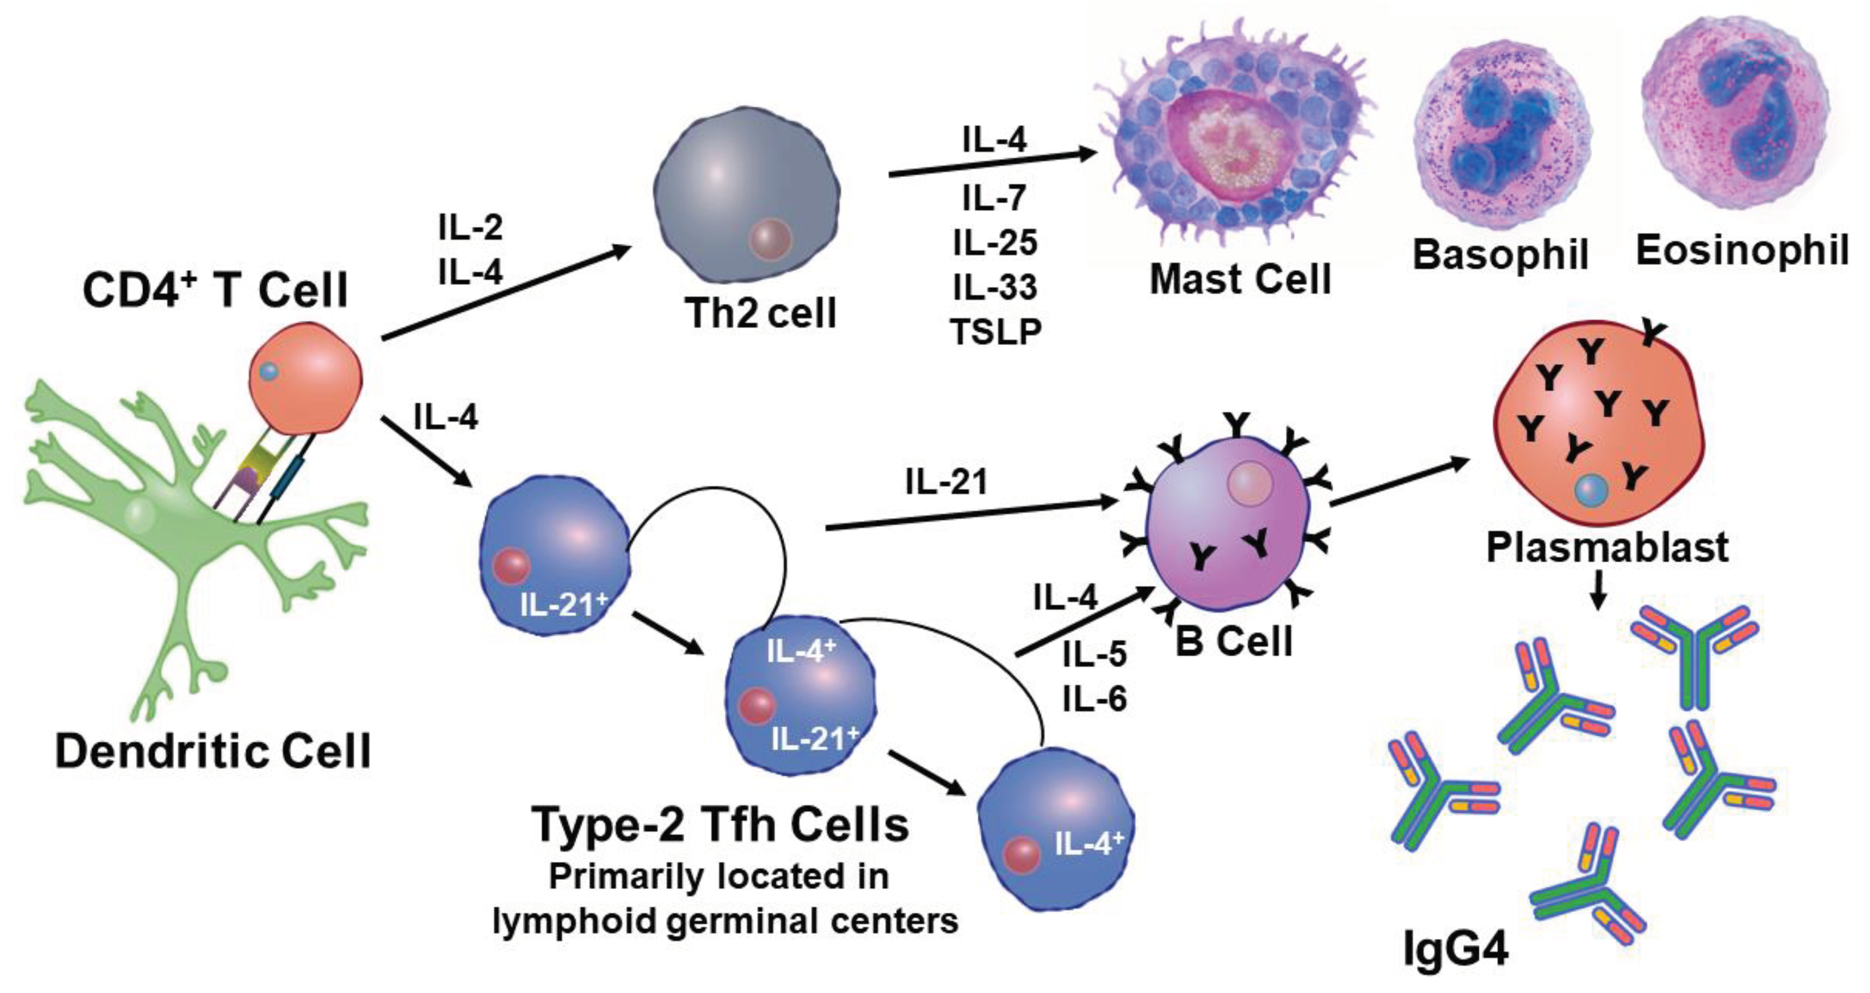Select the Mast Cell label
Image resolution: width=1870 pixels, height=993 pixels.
1240,279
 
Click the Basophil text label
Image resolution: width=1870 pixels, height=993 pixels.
1500,255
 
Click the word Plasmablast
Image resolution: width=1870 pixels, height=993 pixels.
1607,547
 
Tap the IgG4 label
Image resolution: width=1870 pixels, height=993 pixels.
1456,949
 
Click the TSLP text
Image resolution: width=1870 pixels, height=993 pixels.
995,332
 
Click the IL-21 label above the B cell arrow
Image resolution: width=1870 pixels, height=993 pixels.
947,482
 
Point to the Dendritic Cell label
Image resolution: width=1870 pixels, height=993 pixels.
213,751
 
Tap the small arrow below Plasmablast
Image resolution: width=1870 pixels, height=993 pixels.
1597,590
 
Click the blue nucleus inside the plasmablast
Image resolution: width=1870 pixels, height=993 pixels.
1591,490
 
